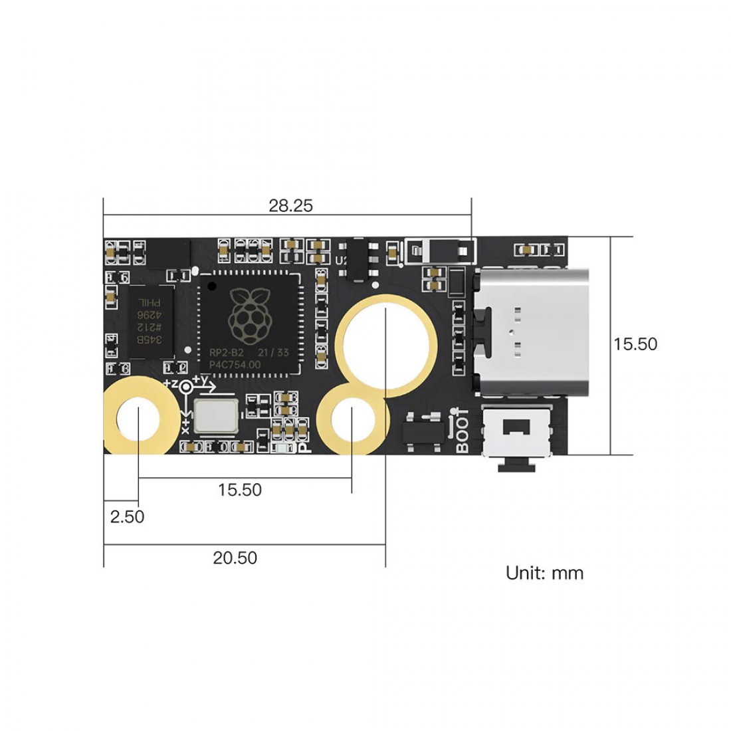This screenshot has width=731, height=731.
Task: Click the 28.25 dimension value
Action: tap(290, 206)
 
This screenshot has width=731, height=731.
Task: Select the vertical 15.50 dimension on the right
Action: tap(635, 344)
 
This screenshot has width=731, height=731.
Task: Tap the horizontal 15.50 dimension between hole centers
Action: tap(240, 490)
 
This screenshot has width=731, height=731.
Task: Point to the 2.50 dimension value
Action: tap(127, 517)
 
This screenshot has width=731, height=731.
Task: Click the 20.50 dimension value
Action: tap(235, 558)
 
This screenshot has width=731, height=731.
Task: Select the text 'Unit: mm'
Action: tap(544, 573)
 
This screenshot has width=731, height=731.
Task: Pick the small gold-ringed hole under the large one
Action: tap(352, 420)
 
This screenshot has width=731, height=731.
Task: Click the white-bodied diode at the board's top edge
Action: tap(441, 251)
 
